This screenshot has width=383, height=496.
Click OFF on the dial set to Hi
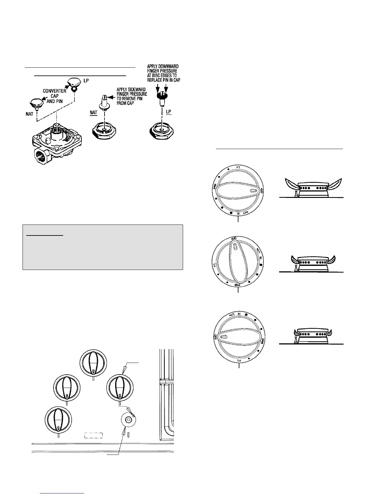[262, 190]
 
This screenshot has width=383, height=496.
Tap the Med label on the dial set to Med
[237, 285]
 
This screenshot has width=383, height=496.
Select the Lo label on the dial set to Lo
[239, 361]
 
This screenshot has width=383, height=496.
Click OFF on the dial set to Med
[233, 238]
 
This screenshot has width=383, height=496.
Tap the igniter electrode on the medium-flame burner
[295, 268]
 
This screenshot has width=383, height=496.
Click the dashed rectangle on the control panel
[93, 435]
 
